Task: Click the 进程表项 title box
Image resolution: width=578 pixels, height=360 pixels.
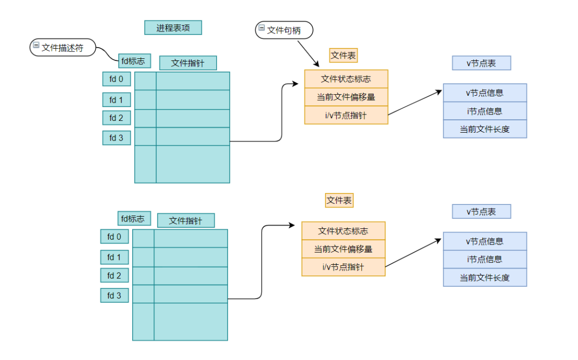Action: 173,28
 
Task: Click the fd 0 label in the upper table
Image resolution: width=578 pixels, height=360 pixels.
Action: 117,79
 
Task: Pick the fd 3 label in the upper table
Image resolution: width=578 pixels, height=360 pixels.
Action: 117,138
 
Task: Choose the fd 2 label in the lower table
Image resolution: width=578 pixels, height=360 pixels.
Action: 115,275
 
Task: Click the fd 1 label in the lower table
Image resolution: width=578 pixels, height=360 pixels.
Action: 115,257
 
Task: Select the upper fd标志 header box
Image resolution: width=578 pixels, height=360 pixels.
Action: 133,61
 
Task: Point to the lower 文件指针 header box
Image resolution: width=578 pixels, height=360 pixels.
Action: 186,220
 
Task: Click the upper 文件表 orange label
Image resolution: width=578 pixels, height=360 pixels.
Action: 343,55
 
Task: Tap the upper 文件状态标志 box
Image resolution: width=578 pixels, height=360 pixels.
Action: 346,79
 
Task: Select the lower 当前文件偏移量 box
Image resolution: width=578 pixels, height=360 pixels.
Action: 343,249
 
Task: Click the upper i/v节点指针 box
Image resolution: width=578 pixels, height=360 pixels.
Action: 346,115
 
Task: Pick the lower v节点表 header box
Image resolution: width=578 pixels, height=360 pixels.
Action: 481,212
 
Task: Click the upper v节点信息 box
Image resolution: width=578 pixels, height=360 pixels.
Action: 484,93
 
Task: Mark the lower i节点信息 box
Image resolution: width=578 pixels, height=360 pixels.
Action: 484,259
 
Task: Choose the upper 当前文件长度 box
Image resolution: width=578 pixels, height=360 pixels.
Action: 484,129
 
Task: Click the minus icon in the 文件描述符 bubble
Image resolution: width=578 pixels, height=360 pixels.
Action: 36,46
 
